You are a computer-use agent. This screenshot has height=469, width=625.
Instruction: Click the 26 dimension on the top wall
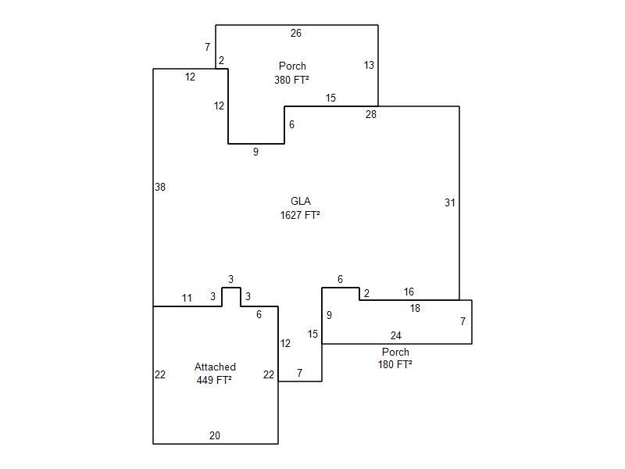tap(296, 33)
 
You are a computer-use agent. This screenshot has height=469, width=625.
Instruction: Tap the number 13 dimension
tap(369, 65)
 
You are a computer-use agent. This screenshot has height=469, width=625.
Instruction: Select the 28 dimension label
tap(370, 114)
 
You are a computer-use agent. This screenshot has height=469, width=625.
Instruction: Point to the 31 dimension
tap(450, 202)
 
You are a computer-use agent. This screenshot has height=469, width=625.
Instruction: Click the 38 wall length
tap(160, 187)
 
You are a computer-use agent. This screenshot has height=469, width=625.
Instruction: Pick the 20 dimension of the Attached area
tap(214, 435)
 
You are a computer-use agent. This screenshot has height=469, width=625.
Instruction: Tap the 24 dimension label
tap(395, 335)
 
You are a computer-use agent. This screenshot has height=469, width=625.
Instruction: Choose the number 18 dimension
tap(415, 308)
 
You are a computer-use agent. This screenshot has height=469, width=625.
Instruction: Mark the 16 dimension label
tap(409, 292)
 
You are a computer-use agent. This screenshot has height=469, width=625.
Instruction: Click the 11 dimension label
tap(187, 298)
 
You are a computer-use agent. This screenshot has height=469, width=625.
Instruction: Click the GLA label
tap(301, 201)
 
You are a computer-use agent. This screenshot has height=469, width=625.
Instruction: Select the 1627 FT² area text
tap(300, 216)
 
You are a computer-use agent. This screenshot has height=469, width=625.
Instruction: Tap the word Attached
tap(215, 367)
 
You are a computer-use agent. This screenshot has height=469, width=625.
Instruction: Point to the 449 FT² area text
tap(214, 380)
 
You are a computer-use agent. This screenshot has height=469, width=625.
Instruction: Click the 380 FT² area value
tap(291, 80)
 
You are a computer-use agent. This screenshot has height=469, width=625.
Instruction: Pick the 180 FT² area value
tap(395, 364)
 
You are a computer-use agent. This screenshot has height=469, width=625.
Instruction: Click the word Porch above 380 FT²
tap(292, 66)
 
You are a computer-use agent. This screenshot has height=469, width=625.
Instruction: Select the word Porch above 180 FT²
tap(395, 352)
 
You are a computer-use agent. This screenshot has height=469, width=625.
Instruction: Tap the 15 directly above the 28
tap(330, 98)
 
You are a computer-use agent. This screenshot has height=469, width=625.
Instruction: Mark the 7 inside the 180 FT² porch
tap(462, 321)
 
